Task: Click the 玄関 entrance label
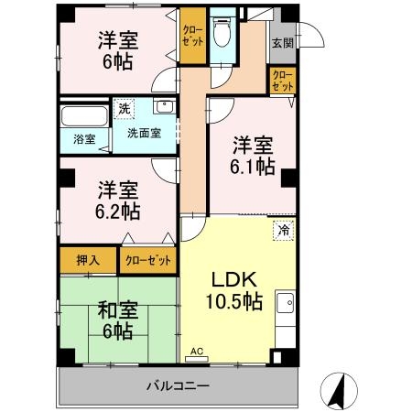tap(280, 43)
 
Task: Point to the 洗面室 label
tap(142, 132)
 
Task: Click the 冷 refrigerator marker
tap(284, 230)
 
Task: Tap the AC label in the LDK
tap(196, 351)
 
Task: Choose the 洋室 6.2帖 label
tap(119, 200)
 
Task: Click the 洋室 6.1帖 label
tap(252, 155)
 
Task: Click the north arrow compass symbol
tap(338, 391)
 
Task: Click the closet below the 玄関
tap(283, 80)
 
